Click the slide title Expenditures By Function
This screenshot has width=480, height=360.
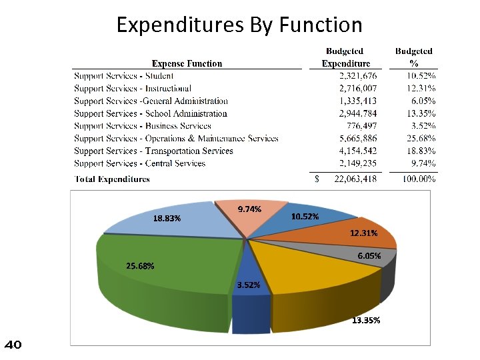[239, 25]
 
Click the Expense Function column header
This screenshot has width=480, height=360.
[187, 63]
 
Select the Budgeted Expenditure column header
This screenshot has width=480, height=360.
[345, 57]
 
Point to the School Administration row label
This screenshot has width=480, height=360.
[151, 113]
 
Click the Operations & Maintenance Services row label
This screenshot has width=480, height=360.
[176, 139]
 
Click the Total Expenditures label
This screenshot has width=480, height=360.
[112, 179]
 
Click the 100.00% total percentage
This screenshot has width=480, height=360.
[419, 179]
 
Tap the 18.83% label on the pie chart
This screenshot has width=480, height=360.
[167, 218]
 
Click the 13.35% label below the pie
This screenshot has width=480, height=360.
[366, 321]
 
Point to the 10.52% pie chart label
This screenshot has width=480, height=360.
[305, 217]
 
